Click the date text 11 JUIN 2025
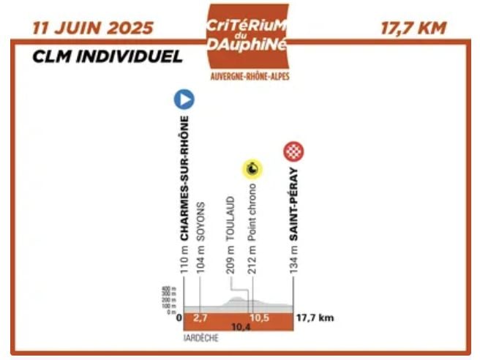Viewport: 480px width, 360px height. point(93,29)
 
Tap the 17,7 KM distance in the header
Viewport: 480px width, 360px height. point(413,29)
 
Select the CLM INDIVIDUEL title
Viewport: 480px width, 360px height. point(107,57)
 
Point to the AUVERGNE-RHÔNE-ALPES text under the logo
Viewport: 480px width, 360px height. point(247,76)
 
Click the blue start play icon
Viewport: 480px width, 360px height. point(182,100)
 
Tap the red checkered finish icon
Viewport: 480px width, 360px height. point(293,151)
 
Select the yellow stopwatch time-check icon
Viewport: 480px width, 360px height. point(252,170)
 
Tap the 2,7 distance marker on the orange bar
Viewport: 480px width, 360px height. point(201,318)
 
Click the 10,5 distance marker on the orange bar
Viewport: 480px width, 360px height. point(261,318)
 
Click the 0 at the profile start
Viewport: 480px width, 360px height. point(178,318)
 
